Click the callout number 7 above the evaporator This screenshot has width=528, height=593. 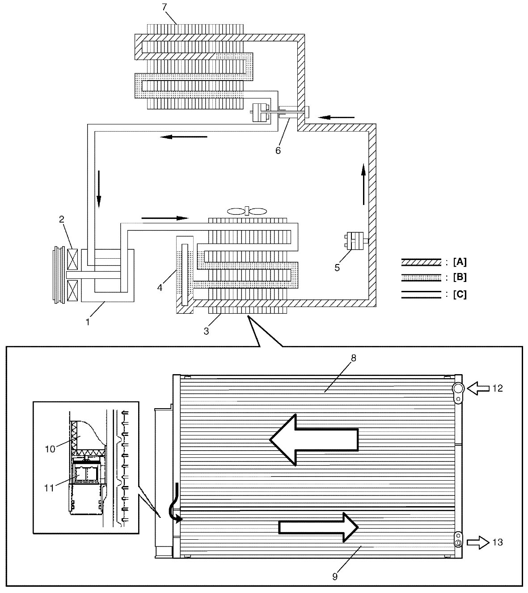point(165,7)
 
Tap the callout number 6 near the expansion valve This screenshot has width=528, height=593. point(278,150)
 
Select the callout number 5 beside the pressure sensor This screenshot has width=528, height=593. point(337,268)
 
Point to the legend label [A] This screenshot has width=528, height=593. point(460,262)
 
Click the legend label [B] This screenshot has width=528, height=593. point(460,277)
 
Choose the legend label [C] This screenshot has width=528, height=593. point(460,294)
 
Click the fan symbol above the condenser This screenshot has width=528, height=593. point(247,211)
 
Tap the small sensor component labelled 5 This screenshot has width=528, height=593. point(355,241)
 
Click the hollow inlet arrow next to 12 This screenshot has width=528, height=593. point(478,388)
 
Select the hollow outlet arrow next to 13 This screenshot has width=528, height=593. point(478,542)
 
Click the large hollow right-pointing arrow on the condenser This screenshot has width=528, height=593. point(319,527)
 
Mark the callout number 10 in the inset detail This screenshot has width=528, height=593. point(50,449)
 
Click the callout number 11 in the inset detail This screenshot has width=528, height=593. point(49,488)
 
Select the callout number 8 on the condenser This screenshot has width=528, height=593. point(354,358)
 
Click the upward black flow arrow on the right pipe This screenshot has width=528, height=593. point(363,184)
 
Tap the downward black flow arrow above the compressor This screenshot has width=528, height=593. point(99,189)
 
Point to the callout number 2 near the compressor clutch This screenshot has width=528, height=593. point(62,219)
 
